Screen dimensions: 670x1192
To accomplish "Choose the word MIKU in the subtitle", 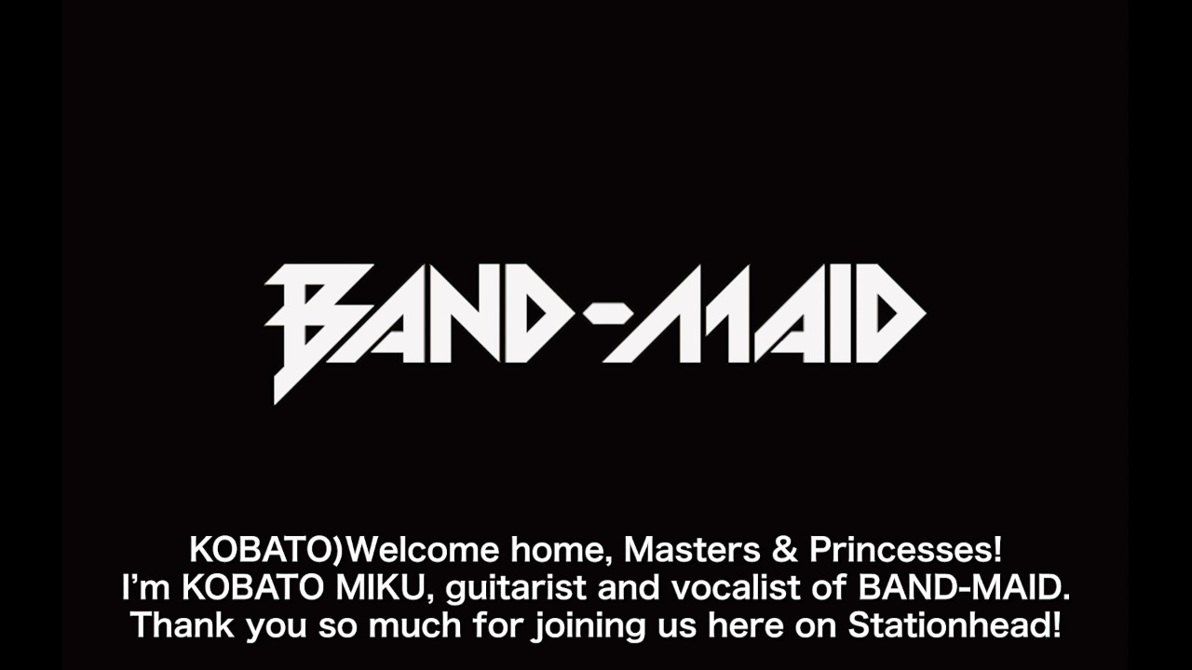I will tap(386, 588).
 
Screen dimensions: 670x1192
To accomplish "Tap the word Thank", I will tap(183, 625).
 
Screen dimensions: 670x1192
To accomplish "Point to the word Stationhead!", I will tap(954, 625).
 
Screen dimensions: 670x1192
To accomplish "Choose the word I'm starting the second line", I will tap(139, 588).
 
